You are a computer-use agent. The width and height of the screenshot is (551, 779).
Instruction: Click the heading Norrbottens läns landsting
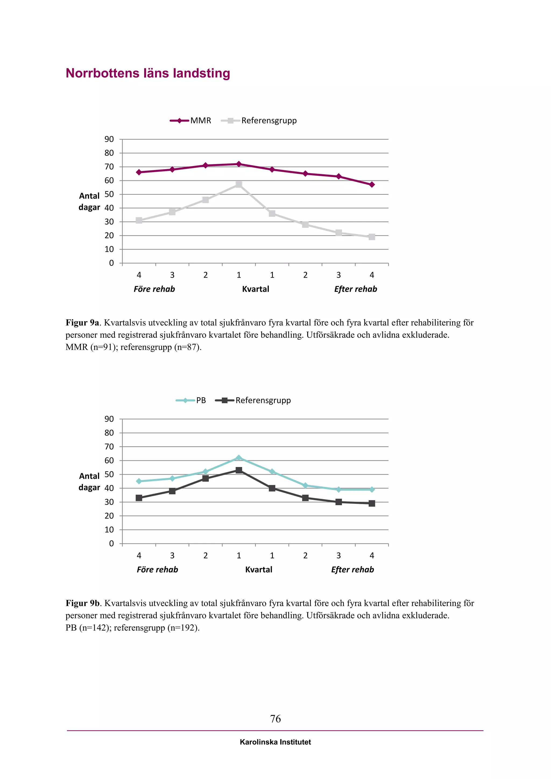point(148,73)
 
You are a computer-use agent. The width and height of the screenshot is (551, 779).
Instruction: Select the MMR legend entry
point(191,121)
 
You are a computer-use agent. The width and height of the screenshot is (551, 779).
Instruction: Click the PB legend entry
point(191,400)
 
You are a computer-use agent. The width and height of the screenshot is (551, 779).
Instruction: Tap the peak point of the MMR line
point(239,164)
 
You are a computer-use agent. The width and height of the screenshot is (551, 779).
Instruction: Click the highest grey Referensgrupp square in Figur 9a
point(239,185)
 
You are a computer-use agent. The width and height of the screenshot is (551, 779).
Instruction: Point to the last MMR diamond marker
point(372,185)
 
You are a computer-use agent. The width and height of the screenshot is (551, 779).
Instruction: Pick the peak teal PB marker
point(239,458)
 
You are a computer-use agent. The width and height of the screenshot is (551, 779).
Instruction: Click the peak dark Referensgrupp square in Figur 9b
point(239,470)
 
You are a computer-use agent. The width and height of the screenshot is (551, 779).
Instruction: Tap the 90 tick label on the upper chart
point(109,139)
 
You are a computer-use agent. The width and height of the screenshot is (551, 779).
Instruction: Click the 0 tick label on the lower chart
point(111,544)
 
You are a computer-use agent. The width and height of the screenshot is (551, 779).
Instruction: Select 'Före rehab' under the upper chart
point(154,289)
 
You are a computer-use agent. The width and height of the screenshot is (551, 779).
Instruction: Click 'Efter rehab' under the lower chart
point(352,570)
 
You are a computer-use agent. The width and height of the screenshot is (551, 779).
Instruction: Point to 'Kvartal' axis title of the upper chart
point(256,289)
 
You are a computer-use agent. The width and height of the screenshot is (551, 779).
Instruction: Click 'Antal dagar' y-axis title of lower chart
point(89,482)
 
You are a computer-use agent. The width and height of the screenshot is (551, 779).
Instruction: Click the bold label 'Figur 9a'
point(82,323)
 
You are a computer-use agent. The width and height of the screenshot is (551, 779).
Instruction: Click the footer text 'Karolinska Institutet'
point(275,742)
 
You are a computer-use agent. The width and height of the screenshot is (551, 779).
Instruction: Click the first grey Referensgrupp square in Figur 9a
point(139,221)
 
